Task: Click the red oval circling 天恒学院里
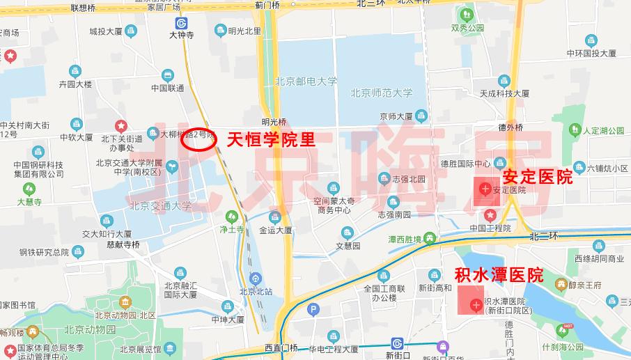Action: pyautogui.click(x=198, y=140)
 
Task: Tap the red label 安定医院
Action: pyautogui.click(x=537, y=177)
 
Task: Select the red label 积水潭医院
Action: pyautogui.click(x=498, y=274)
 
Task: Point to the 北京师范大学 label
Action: pyautogui.click(x=381, y=92)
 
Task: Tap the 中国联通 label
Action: pyautogui.click(x=167, y=88)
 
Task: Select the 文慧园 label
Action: pyautogui.click(x=348, y=246)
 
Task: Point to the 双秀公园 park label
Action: pyautogui.click(x=467, y=29)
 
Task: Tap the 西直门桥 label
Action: pyautogui.click(x=281, y=347)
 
